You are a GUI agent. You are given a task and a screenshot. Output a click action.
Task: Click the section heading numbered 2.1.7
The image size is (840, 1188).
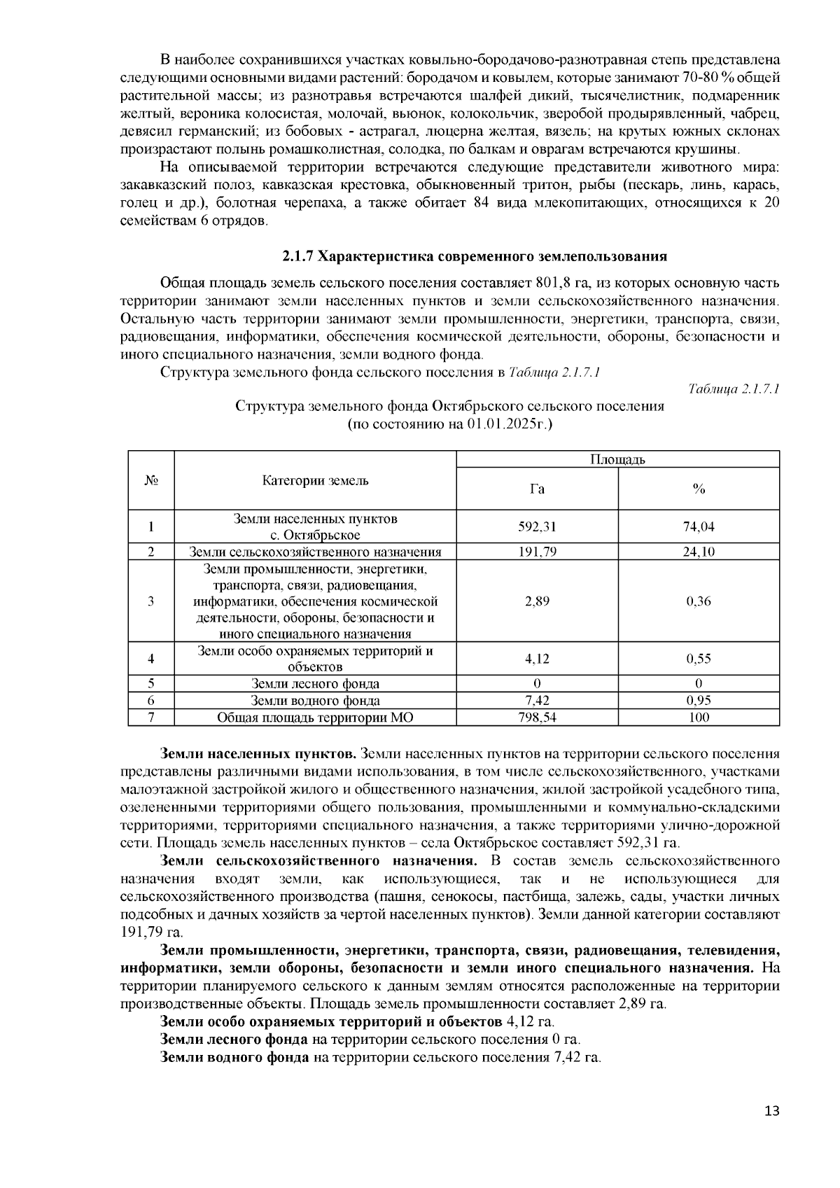tap(474, 256)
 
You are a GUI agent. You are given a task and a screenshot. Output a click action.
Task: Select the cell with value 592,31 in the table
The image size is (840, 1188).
tap(537, 527)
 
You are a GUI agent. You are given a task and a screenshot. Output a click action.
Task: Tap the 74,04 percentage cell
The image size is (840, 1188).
tap(698, 527)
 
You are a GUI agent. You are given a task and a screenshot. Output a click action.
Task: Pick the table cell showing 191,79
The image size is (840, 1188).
tap(537, 552)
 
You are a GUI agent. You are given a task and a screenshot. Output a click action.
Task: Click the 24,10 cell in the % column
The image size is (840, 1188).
tap(698, 552)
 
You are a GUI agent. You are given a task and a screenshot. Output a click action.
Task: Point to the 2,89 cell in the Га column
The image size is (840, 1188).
tap(537, 601)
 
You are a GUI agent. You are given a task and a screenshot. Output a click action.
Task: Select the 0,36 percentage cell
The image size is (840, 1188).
tap(698, 601)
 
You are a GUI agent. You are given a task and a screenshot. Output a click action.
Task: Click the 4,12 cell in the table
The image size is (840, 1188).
tap(537, 659)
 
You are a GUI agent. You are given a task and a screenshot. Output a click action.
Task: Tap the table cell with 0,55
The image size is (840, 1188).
tap(698, 659)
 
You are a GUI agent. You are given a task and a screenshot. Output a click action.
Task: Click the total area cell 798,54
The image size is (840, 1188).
tap(537, 717)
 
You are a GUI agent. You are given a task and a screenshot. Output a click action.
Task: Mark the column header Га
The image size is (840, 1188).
tap(537, 489)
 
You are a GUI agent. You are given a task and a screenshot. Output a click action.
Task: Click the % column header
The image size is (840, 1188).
tap(698, 489)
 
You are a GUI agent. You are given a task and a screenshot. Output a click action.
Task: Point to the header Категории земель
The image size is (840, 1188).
tap(315, 480)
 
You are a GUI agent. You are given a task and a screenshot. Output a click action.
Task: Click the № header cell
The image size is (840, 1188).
tap(150, 480)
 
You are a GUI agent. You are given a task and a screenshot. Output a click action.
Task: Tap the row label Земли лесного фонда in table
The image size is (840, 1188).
tap(315, 684)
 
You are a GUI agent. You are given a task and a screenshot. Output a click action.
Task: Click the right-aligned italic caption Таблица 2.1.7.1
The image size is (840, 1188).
tap(734, 389)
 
